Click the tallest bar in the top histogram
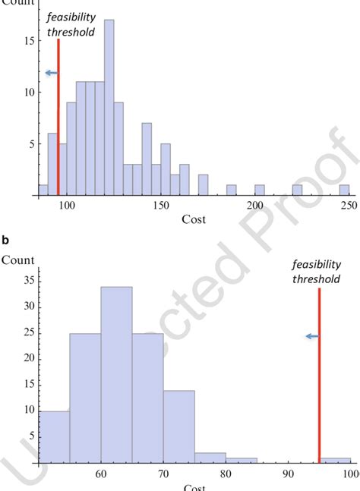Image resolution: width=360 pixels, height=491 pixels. coord(109,106)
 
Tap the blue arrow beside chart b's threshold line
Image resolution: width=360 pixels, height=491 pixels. coord(312,336)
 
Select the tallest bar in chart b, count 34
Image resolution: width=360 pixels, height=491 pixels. coord(116,372)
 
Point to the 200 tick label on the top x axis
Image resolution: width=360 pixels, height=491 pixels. coord(259,206)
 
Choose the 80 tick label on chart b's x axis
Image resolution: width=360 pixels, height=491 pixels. coord(226,474)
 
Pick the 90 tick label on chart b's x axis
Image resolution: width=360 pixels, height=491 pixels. coord(289,474)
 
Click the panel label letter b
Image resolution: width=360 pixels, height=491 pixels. coord(5,240)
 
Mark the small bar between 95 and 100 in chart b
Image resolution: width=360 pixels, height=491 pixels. coord(335,459)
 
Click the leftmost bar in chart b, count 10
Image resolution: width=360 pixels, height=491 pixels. coord(53,436)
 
